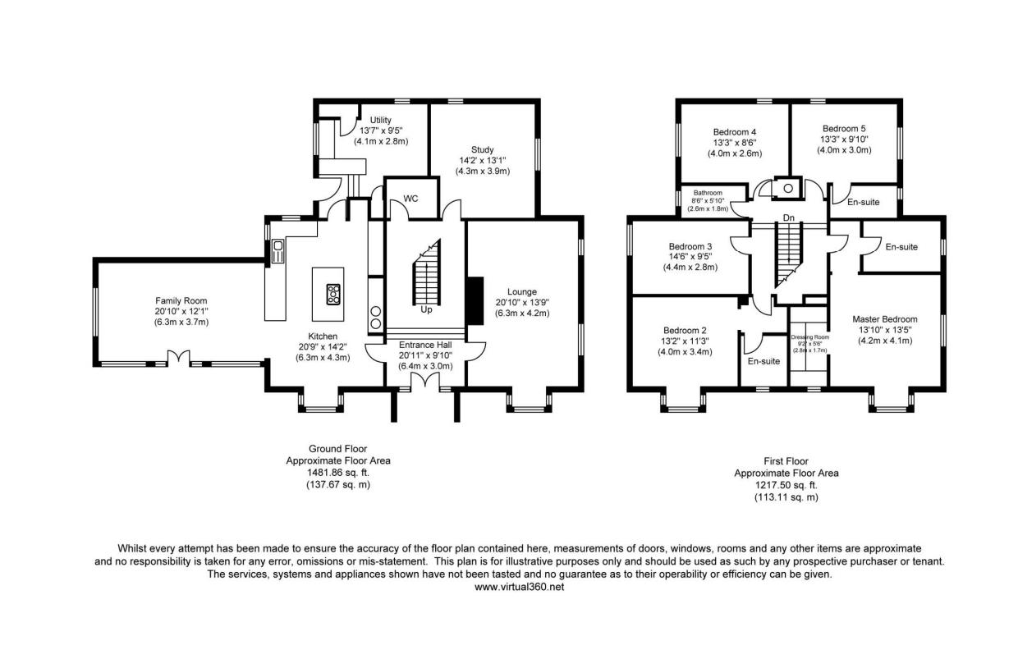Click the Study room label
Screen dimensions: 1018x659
[x=482, y=149]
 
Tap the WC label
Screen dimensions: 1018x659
[x=410, y=199]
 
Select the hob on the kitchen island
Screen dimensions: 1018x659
[x=333, y=294]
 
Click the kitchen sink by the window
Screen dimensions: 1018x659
[x=277, y=252]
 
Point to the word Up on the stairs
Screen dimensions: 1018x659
[x=426, y=309]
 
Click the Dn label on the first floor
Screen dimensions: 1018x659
[x=789, y=218]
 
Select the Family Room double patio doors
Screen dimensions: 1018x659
[x=178, y=358]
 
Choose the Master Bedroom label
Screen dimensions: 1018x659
[x=885, y=319]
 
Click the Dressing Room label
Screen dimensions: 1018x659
[x=809, y=337]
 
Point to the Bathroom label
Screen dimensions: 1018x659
[x=708, y=193]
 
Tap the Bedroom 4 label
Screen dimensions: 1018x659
[x=735, y=132]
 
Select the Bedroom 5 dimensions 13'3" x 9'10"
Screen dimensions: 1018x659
[x=844, y=140]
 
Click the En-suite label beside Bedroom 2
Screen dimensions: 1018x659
[x=764, y=361]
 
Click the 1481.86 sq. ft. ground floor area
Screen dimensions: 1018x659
[x=338, y=473]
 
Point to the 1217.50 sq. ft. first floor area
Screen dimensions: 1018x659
[x=786, y=485]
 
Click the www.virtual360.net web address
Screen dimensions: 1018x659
[x=520, y=587]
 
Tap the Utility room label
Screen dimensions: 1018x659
[x=380, y=120]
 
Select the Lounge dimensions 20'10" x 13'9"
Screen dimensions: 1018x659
[x=522, y=303]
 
